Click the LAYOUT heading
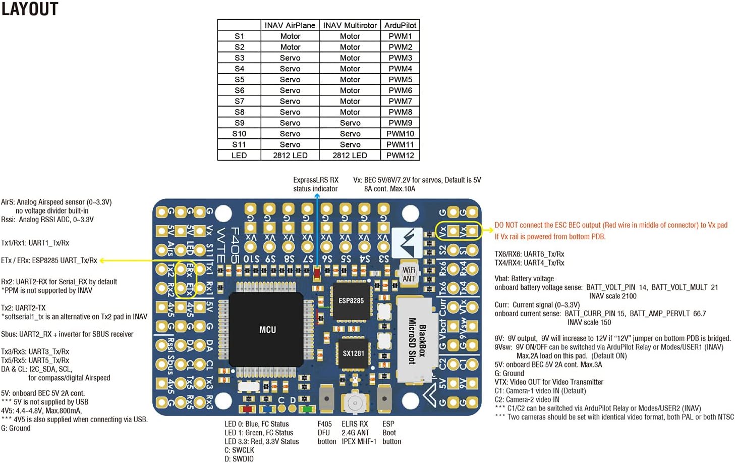point(30,9)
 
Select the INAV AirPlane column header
point(290,25)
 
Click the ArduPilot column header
point(400,25)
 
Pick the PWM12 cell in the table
point(400,156)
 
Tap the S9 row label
point(239,123)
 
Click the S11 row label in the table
point(239,144)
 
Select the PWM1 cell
point(400,36)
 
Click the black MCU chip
point(267,330)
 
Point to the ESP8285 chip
point(351,301)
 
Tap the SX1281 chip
point(353,353)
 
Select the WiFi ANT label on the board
point(409,274)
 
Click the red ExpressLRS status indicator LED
point(317,274)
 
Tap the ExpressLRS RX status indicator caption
point(316,184)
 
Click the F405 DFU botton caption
point(326,433)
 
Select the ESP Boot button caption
point(391,433)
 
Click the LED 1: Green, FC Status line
point(259,433)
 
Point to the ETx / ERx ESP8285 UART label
point(49,261)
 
